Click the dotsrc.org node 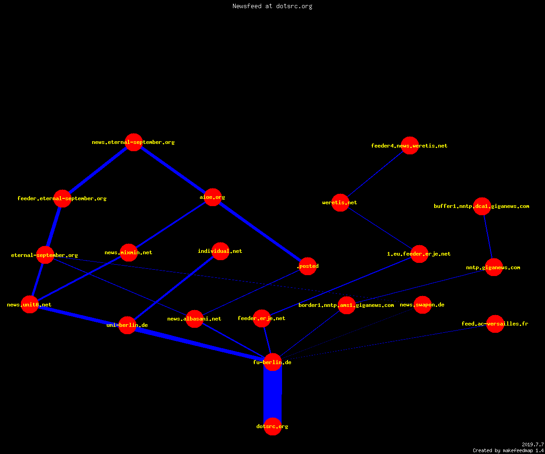point(272,426)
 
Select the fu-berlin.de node point(272,362)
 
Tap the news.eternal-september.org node point(134,142)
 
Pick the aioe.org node point(213,197)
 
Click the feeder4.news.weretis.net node point(410,146)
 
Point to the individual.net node point(220,251)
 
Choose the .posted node point(308,266)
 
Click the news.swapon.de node point(422,305)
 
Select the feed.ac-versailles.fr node point(495,324)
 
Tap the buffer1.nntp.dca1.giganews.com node point(482,207)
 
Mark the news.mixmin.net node point(129,252)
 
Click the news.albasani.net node point(194,319)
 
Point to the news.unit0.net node point(30,305)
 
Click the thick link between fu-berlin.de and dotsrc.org point(272,394)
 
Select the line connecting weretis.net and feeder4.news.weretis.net point(375,174)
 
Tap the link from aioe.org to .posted point(260,232)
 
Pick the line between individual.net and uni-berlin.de point(174,288)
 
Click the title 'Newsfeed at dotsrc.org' point(272,6)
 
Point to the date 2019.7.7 point(532,444)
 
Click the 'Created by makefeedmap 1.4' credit point(508,450)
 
